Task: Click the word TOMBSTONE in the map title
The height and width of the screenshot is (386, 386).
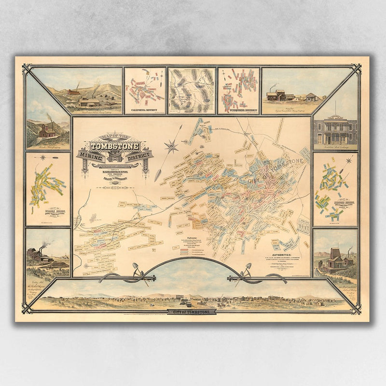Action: pyautogui.click(x=115, y=146)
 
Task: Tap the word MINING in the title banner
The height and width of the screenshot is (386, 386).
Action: pyautogui.click(x=90, y=155)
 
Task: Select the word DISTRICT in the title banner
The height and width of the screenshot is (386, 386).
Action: pyautogui.click(x=139, y=155)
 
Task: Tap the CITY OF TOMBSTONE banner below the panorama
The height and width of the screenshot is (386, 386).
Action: pyautogui.click(x=192, y=312)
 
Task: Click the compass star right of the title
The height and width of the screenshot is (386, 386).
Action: pyautogui.click(x=170, y=144)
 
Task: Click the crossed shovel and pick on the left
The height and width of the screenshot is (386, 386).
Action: pyautogui.click(x=139, y=273)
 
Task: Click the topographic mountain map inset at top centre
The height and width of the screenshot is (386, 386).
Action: pyautogui.click(x=192, y=90)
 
